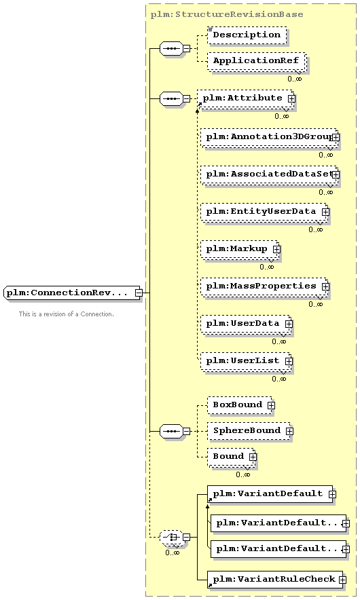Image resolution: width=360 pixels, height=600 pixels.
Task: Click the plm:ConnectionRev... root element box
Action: point(73,293)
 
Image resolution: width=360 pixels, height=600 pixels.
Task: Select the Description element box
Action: point(247,35)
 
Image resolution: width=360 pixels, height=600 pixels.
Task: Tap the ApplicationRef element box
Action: point(256,61)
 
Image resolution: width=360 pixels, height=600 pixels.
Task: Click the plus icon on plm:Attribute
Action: point(291,98)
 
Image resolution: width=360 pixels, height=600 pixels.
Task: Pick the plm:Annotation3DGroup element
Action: point(269,137)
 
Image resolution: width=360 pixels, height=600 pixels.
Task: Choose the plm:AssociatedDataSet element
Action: point(269,174)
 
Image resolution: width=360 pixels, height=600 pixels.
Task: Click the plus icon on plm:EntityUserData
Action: point(325,212)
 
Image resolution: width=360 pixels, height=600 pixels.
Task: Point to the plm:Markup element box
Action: point(240,249)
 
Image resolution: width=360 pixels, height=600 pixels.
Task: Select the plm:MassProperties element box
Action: point(264,286)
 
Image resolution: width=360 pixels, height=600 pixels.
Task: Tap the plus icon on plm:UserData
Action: point(289,324)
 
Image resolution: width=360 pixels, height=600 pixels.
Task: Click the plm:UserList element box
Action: point(246,361)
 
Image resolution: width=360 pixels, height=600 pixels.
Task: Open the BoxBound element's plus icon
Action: point(271,405)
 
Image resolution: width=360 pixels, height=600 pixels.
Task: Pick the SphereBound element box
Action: point(249,431)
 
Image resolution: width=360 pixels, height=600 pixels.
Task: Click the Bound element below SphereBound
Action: point(232,457)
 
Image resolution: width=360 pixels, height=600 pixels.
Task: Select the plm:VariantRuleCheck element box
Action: point(275,580)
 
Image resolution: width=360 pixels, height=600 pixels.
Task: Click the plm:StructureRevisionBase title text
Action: point(227,14)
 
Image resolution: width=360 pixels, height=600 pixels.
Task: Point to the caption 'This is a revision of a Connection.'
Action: point(67,314)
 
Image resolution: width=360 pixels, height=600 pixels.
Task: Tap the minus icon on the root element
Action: point(139,293)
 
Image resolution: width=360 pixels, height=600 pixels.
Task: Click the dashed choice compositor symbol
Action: point(170,538)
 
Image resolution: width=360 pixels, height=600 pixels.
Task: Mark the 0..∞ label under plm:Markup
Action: point(266,267)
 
